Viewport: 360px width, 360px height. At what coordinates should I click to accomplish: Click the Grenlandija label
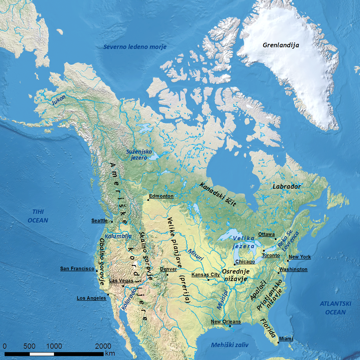[281, 45]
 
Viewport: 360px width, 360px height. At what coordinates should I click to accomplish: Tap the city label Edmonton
[161, 196]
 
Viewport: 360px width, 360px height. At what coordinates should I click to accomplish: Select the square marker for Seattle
[112, 222]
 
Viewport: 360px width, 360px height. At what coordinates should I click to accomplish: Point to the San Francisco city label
[77, 269]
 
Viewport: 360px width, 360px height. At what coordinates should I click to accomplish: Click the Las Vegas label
[121, 281]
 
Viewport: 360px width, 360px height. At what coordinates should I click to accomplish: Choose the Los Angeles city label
[91, 298]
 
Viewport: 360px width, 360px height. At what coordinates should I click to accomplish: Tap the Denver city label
[168, 269]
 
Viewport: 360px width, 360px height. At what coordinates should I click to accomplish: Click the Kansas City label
[206, 275]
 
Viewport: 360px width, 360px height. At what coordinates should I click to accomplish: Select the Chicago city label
[245, 262]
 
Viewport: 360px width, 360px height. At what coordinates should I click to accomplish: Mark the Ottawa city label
[266, 234]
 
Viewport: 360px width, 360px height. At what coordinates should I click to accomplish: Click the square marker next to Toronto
[263, 251]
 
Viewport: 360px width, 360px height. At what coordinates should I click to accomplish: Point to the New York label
[300, 257]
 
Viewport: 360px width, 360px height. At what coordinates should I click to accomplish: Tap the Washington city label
[293, 269]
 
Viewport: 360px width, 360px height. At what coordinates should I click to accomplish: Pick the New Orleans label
[226, 322]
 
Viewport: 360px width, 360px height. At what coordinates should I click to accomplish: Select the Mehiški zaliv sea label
[230, 345]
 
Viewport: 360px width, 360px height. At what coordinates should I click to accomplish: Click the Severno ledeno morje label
[135, 47]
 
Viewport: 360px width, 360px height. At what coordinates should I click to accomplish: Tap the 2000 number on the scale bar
[103, 346]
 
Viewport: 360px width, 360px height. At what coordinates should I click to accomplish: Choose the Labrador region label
[287, 187]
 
